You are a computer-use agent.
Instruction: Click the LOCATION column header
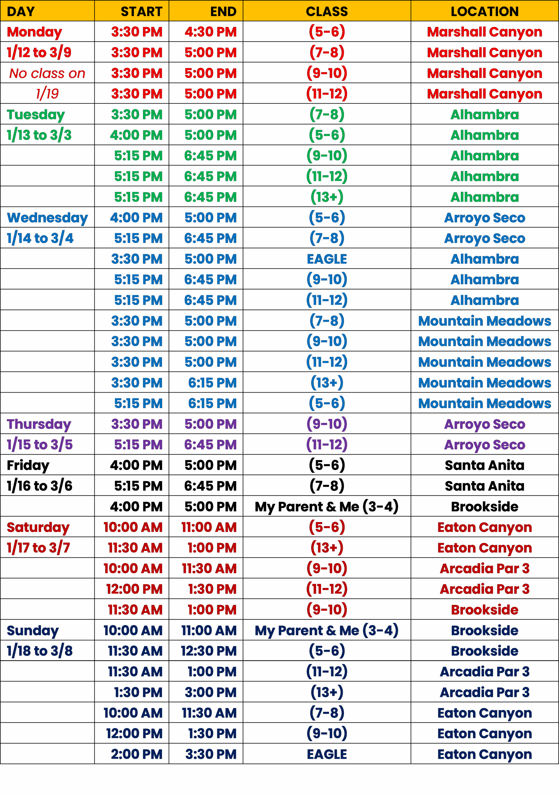point(484,12)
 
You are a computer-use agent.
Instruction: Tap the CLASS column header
point(327,12)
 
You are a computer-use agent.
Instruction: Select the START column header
point(141,12)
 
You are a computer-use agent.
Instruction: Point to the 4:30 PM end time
point(210,32)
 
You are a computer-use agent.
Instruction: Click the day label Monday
point(34,32)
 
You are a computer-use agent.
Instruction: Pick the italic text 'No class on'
point(47,73)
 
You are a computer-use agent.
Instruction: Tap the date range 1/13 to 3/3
point(39,135)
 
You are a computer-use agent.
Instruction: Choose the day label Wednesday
point(47,218)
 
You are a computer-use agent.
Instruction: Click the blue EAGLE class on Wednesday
point(327,259)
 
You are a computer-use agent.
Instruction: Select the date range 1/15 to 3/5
point(40,444)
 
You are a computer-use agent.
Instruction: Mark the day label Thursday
point(39,424)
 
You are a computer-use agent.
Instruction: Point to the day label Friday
point(28,465)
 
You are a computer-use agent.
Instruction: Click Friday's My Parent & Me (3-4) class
point(327,507)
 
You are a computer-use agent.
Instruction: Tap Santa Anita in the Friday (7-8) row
point(484,486)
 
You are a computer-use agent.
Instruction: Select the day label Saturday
point(38,527)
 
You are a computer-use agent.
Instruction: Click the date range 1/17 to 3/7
point(39,548)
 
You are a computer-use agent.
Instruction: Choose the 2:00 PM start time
point(136,754)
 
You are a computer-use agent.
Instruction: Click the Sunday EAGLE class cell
point(327,754)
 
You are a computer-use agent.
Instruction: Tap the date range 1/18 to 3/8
point(39,651)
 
